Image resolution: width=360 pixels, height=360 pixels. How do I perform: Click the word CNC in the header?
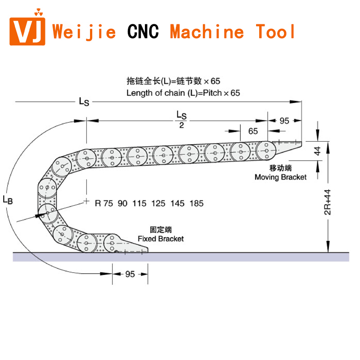tap(143, 31)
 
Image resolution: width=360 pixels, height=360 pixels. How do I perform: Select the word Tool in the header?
tap(276, 31)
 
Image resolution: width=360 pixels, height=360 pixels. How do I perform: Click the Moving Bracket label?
tap(280, 177)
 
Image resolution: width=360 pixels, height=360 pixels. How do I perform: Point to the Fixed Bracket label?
tap(161, 238)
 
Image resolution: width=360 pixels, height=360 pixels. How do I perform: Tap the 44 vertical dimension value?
tap(318, 151)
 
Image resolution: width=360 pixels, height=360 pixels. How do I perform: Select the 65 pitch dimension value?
tap(253, 131)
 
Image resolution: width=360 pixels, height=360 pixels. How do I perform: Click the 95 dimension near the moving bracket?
tap(284, 121)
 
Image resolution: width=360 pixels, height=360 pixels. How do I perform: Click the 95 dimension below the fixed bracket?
tap(130, 274)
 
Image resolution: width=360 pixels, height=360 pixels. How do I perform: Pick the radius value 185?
tap(197, 203)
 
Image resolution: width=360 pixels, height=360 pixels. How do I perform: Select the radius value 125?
tap(159, 203)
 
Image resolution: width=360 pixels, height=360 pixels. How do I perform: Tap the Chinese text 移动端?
tap(281, 168)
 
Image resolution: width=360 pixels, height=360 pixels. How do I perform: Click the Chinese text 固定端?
tap(161, 229)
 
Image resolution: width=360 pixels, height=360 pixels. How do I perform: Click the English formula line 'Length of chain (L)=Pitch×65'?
tap(183, 93)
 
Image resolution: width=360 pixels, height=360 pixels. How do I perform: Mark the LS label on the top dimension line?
tap(84, 102)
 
